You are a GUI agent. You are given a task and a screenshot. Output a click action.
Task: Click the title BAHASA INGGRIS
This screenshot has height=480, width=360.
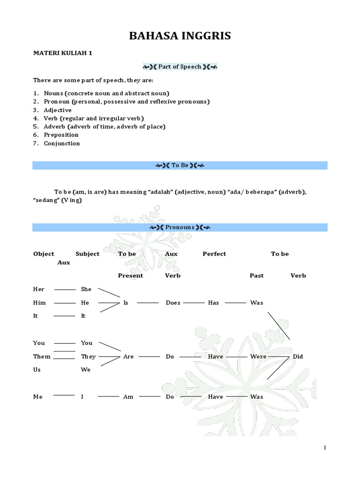180,36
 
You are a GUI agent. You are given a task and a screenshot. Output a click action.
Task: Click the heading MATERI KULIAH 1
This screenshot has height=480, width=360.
62,53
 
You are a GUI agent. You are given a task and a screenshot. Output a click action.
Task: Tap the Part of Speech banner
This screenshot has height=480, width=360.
180,67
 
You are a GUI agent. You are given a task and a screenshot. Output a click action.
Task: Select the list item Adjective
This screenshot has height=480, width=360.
58,110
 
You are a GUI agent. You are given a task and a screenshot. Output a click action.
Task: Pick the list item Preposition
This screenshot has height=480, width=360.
61,135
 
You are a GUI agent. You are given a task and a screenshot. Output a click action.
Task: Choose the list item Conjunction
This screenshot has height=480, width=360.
62,143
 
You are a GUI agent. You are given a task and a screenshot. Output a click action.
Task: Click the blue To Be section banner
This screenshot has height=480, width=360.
180,165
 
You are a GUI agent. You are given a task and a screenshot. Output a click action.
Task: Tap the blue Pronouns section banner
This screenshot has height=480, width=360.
180,227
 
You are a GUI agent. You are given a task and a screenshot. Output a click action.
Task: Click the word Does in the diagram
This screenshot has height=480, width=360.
173,303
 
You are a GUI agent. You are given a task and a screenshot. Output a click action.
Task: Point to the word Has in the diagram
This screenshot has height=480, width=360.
213,303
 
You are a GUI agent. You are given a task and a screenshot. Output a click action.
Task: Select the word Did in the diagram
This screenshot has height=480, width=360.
298,357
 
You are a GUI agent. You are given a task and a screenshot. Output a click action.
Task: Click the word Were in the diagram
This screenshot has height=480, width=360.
258,357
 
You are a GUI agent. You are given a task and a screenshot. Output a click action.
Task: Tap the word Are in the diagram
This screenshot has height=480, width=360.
128,357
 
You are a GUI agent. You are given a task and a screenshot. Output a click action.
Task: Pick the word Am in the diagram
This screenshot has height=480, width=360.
128,397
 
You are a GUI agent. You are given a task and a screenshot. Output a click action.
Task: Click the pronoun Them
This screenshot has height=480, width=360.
42,357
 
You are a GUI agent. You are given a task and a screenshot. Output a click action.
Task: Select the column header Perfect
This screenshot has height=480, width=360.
214,254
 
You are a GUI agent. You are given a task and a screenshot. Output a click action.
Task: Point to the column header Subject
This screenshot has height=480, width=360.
87,254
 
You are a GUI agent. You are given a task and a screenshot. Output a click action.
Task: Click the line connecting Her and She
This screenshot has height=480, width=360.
65,289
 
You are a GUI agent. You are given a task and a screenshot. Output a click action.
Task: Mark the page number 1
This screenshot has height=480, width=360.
325,448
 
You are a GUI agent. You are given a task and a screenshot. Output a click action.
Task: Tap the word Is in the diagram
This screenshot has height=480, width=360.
126,303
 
